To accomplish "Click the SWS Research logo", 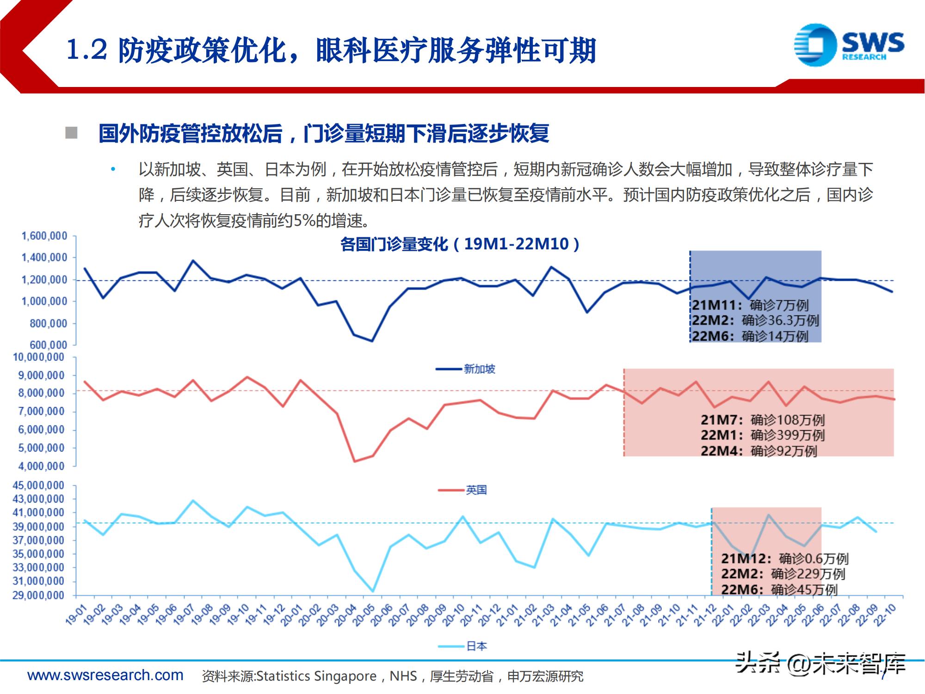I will [849, 45].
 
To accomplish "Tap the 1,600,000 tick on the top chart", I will [44, 236].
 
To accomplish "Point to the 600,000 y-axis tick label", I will [48, 345].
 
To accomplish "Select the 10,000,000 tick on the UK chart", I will [38, 357].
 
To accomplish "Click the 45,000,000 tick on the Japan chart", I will [38, 485].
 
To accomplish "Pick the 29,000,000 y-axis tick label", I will [38, 595].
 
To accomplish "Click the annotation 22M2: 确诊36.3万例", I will [755, 320].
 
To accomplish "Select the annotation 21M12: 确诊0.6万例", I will [784, 558].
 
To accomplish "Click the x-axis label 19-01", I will [76, 615].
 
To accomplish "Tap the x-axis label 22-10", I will [884, 615].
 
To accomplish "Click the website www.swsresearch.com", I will [105, 675].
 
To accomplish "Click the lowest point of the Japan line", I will [373, 591].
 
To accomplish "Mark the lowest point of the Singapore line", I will [372, 341].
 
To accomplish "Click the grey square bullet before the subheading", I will [71, 133].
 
